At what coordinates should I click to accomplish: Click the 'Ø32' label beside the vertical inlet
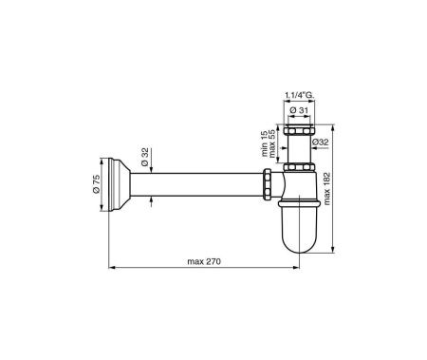pos(321,143)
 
